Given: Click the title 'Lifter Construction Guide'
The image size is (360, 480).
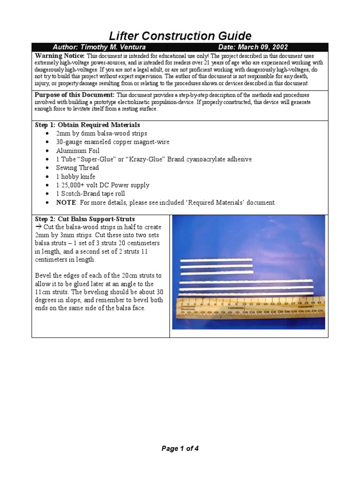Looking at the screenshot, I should (x=180, y=36).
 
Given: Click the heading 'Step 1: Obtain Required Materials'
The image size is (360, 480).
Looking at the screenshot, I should (x=88, y=125).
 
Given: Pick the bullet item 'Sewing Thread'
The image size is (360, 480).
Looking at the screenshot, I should (x=77, y=168).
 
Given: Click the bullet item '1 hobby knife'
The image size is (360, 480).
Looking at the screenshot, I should (x=75, y=177).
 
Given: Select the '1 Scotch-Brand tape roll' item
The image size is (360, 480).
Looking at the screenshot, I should (x=91, y=194).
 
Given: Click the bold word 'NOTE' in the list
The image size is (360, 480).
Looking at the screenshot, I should (x=66, y=202).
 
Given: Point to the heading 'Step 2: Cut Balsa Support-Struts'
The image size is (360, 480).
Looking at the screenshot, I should (x=85, y=219).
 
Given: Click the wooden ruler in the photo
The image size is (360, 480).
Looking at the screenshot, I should (x=249, y=308).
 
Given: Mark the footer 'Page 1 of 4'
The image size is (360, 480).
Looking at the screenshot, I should (x=180, y=449).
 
